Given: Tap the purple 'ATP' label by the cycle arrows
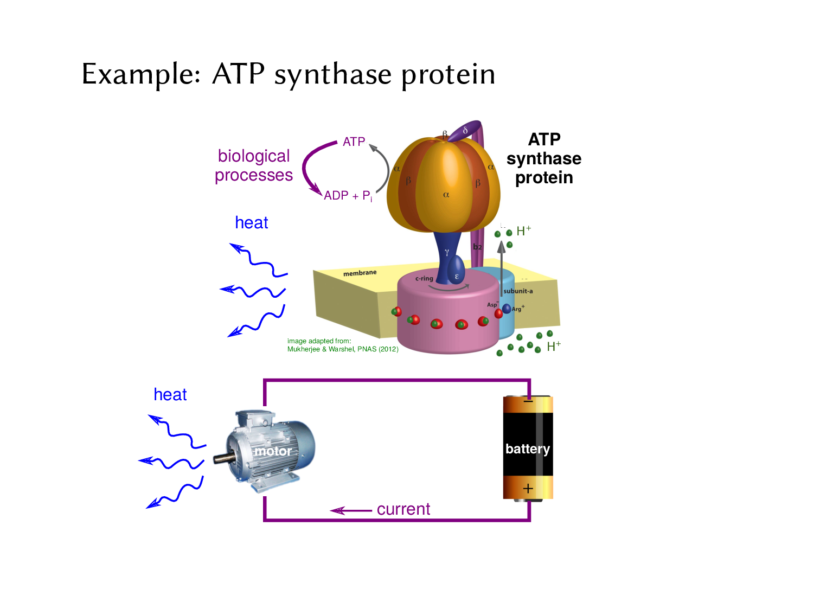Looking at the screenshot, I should point(354,142).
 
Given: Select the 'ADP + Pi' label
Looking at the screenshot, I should point(348,196).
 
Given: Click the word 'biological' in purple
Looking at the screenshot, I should point(254,156).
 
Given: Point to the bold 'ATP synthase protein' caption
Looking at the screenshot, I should point(544,158).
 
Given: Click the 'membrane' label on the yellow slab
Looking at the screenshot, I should point(360,273).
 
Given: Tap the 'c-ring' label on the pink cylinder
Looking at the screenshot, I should point(424,279).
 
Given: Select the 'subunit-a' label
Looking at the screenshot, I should point(518,291).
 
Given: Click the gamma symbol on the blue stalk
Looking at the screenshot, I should point(447,252).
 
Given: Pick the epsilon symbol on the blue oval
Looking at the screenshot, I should point(457,277).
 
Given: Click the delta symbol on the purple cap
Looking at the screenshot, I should point(465,131).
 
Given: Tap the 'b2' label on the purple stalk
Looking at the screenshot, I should point(477,247).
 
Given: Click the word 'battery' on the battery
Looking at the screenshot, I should point(528,449).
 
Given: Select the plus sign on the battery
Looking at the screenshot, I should point(528,489).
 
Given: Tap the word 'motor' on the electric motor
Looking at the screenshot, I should point(273,451).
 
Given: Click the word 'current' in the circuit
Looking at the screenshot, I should point(403,509).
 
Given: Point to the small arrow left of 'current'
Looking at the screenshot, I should point(350,510).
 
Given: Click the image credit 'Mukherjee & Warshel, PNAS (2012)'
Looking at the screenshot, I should point(343,349).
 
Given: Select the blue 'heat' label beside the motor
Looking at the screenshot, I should point(170,395).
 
